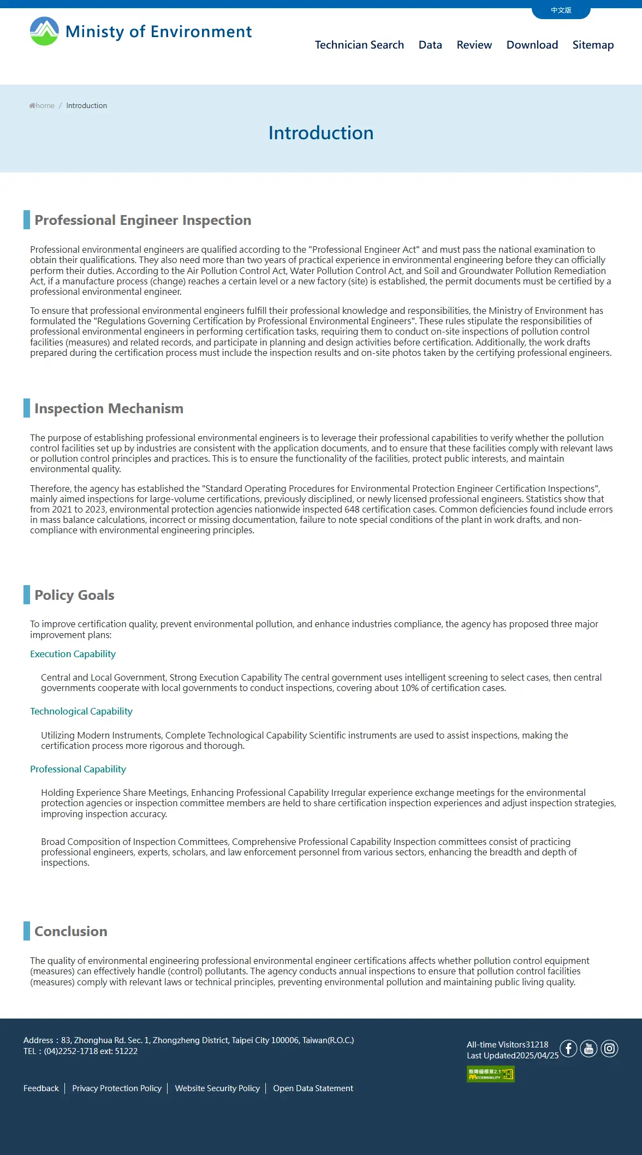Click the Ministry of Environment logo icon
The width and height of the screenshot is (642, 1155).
tap(44, 31)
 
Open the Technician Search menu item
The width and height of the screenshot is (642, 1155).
tap(359, 45)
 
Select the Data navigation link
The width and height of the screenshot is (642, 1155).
tap(430, 45)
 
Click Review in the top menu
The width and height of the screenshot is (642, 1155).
tap(474, 45)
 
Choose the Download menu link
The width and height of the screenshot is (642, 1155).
tap(532, 45)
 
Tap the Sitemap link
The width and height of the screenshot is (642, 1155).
tap(593, 45)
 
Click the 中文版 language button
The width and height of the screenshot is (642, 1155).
tap(561, 10)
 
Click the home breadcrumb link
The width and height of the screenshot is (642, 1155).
tap(43, 105)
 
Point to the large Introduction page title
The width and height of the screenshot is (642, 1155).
tap(321, 133)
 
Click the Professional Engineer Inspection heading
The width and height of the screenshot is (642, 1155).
tap(142, 220)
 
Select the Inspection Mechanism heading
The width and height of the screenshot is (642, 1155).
tap(109, 408)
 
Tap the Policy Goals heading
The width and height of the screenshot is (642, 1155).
tap(74, 595)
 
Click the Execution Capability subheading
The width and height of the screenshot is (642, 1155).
tap(73, 654)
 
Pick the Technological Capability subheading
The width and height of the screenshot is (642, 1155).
tap(81, 711)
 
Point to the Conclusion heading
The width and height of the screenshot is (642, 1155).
tap(71, 931)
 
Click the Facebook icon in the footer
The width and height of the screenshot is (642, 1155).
tap(568, 1049)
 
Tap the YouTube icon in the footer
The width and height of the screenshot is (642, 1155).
tap(588, 1049)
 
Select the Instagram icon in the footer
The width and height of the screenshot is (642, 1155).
tap(609, 1049)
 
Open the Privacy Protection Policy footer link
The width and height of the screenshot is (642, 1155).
tap(117, 1088)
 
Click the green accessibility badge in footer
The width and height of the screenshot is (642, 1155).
tap(490, 1074)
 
